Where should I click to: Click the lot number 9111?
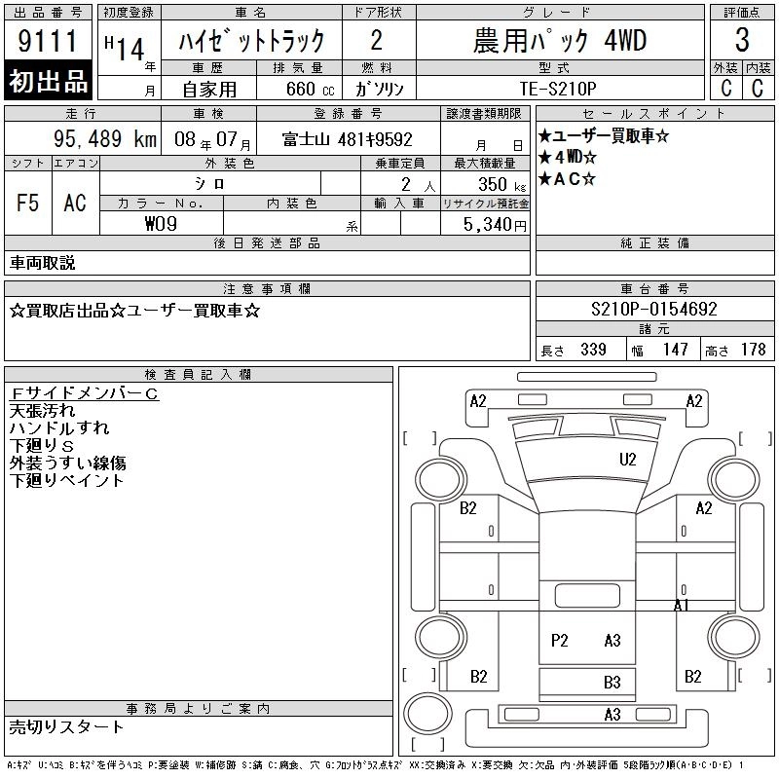point(48,41)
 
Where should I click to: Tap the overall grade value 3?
point(742,40)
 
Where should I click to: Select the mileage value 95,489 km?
point(105,138)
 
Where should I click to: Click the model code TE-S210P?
point(558,89)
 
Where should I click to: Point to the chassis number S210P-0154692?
point(653,309)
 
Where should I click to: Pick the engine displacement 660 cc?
point(310,89)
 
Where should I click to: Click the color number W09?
point(161,224)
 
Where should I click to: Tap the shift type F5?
point(27,203)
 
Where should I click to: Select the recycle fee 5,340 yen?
point(495,224)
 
